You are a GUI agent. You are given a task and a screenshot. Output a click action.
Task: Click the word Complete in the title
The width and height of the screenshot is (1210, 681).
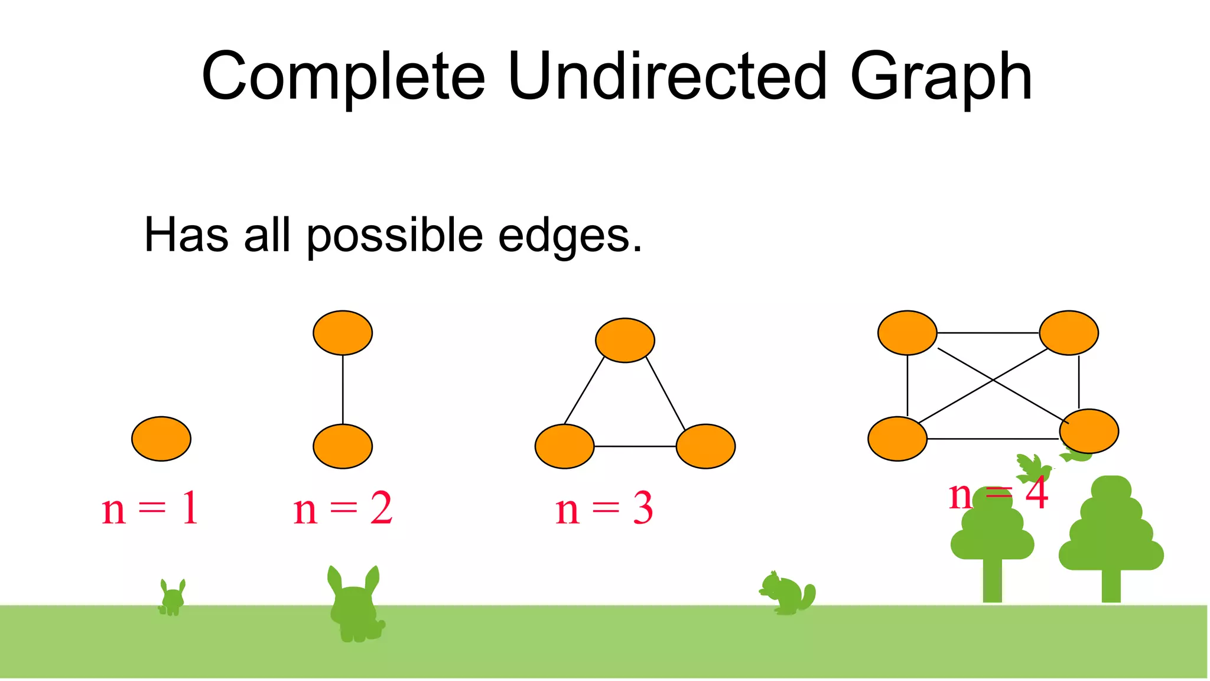point(343,77)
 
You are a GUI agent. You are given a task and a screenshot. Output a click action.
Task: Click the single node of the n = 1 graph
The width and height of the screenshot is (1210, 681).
point(161,439)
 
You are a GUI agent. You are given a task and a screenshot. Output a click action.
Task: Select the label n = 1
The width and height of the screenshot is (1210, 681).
point(150,508)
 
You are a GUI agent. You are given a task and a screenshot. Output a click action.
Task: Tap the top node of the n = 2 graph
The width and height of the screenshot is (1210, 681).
point(343,333)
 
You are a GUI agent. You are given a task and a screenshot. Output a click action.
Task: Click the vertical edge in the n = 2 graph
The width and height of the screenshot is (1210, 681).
point(343,390)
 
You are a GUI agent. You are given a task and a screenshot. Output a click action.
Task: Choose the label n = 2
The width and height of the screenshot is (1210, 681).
point(343,508)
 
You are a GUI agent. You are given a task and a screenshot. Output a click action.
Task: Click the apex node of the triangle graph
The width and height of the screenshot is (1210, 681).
point(625,340)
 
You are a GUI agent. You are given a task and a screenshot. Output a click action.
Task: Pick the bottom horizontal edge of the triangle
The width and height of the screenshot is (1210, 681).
point(635,446)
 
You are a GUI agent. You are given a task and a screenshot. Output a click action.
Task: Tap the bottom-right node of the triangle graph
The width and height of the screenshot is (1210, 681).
point(705,446)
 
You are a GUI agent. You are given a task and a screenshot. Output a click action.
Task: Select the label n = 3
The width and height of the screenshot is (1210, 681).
point(604,508)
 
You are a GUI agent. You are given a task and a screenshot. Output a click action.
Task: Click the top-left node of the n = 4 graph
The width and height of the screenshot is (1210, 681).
point(907,333)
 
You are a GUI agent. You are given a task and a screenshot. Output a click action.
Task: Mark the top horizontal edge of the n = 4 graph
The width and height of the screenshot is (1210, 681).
point(988,333)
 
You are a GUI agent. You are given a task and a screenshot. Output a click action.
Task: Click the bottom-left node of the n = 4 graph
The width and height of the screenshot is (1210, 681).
point(897,439)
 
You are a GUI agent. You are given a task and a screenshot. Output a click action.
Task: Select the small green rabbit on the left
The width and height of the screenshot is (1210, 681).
point(172,598)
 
